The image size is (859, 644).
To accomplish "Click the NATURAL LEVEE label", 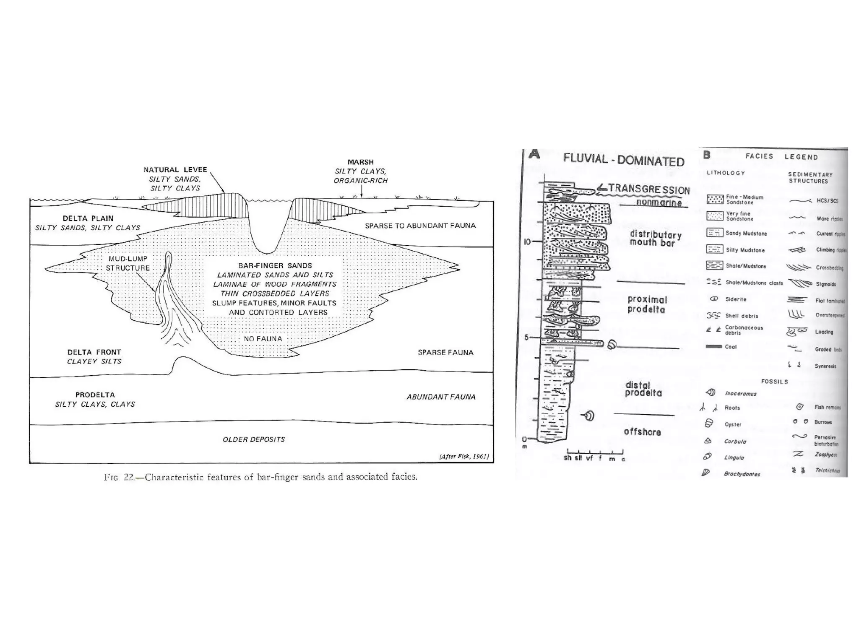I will (x=175, y=170).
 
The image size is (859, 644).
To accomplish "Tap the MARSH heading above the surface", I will (x=360, y=162).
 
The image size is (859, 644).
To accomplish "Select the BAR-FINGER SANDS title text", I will (x=275, y=266).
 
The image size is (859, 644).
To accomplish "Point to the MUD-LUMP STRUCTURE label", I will (x=128, y=263).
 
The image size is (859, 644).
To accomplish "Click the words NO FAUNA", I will (x=263, y=339).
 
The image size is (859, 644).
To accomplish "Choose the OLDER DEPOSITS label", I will (x=254, y=439).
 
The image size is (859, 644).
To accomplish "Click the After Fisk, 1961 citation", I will (x=464, y=457).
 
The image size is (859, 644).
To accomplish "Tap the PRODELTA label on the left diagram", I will (x=95, y=395).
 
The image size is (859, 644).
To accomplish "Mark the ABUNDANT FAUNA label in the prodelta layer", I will (x=441, y=397).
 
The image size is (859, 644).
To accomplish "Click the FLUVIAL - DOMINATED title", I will (x=623, y=160).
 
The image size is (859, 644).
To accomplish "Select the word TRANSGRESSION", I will (x=649, y=189).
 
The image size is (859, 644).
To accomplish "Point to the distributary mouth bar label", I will (x=655, y=239).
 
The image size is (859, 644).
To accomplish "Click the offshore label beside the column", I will (x=642, y=432).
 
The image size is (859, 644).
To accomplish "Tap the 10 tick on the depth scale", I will (x=527, y=242).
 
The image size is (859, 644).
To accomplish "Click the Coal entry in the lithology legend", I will (x=730, y=347).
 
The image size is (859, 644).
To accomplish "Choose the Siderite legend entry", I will (x=736, y=299).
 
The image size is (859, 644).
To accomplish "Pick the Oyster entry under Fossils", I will (x=733, y=424).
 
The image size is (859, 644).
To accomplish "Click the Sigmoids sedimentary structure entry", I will (x=825, y=284).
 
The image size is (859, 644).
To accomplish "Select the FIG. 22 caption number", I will (x=119, y=477).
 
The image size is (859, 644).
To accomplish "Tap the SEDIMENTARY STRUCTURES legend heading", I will (x=810, y=178).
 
